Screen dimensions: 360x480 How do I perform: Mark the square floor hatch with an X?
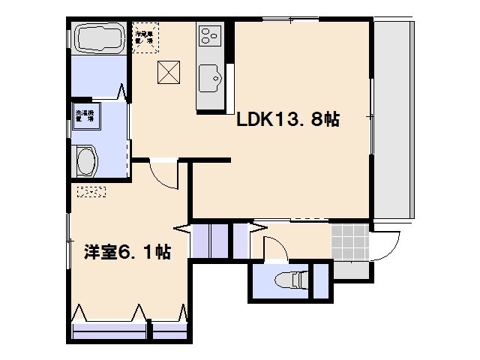coord(168,73)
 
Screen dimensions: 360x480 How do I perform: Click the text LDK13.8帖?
coord(288,120)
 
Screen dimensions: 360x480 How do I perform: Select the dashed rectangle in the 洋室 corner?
coord(91,191)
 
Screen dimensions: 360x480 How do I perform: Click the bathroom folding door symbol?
coord(124,92)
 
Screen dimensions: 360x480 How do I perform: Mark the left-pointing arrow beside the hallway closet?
coord(182,227)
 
